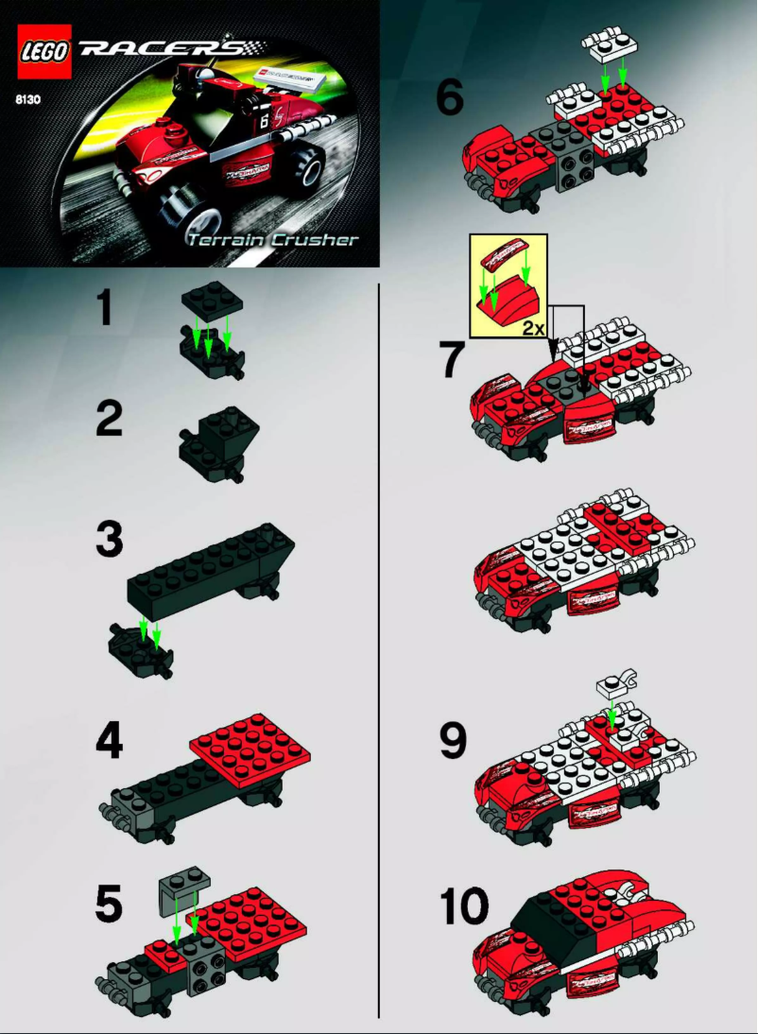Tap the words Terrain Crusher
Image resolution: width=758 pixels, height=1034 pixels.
[272, 239]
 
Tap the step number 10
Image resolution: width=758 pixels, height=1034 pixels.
[463, 908]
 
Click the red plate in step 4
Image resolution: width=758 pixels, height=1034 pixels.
[251, 753]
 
